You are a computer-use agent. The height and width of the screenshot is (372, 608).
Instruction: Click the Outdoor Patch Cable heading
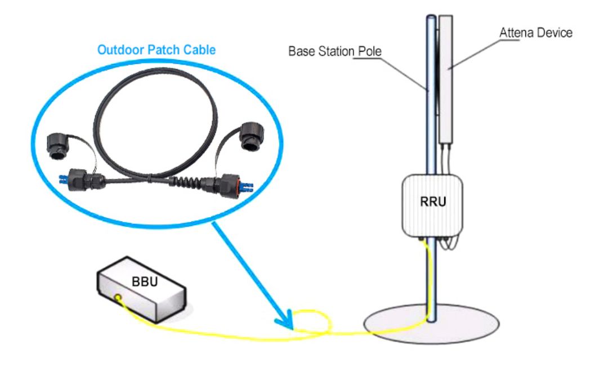156,50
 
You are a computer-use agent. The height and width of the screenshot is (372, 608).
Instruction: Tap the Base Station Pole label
334,51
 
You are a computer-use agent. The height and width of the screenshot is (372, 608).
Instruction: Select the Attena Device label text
535,33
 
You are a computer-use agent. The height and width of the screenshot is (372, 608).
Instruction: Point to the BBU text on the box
141,281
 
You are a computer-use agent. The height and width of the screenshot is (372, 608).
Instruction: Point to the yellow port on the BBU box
118,297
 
